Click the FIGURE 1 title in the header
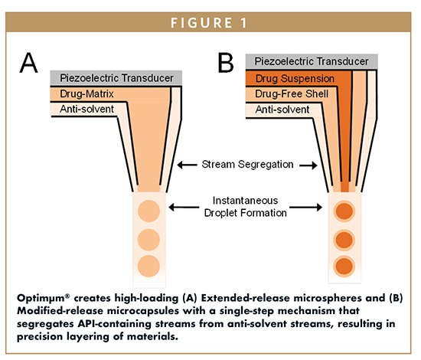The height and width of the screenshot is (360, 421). pos(210,22)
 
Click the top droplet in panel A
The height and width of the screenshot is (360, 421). pos(148,211)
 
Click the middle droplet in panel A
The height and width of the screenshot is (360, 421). pos(148,239)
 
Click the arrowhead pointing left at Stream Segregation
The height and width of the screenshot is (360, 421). pos(181,165)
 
